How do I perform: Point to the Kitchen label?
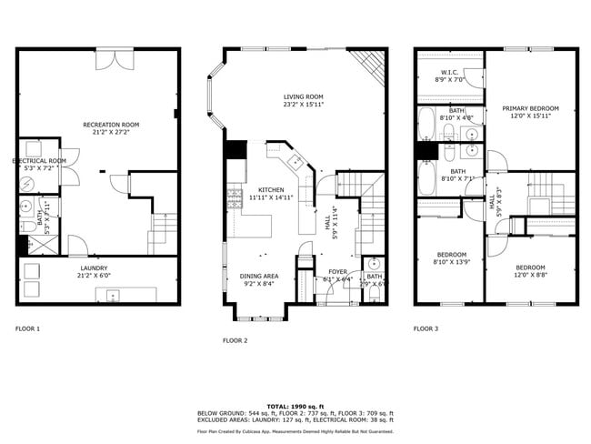271,193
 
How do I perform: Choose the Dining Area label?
258,279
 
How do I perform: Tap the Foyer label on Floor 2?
337,274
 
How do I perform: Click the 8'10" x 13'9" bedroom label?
451,257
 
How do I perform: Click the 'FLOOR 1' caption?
28,328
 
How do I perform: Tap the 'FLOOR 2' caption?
235,340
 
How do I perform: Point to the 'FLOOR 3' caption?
426,328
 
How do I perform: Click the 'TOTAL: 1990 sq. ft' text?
295,405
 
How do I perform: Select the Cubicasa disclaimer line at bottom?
295,431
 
